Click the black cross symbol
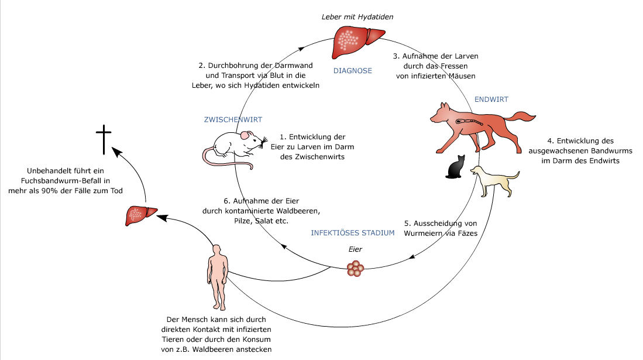(x=104, y=139)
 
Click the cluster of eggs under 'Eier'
(x=355, y=268)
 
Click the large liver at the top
(x=356, y=43)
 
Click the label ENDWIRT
(x=491, y=100)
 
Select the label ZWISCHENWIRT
(x=233, y=119)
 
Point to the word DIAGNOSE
(x=352, y=71)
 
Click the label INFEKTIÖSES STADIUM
(x=353, y=233)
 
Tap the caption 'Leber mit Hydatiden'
(x=357, y=16)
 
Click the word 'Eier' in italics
(x=355, y=249)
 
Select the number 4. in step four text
(x=550, y=141)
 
